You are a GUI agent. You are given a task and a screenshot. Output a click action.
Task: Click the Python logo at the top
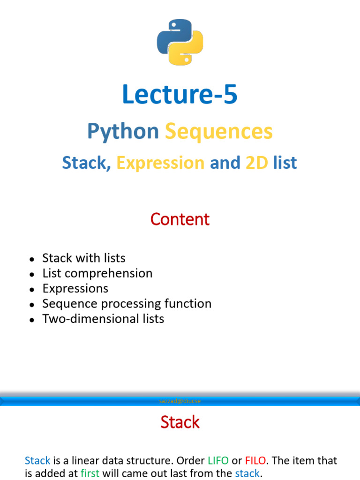coord(180,42)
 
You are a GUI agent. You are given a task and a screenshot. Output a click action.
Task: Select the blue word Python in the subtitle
coord(123,132)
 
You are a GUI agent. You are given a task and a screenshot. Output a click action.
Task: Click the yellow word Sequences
coord(219,132)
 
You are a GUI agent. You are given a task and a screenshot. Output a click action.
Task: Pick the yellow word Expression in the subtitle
coord(160,163)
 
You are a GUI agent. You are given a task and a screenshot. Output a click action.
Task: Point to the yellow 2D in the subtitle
coord(257,163)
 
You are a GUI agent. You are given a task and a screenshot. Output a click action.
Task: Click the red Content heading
coord(180,219)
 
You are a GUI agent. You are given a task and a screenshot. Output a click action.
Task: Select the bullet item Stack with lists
coord(84,258)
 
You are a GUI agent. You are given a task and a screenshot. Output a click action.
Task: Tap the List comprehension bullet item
coord(97,273)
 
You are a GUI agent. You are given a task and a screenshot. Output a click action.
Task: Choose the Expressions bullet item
coord(75,289)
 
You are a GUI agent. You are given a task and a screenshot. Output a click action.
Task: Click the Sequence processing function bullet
coord(127,304)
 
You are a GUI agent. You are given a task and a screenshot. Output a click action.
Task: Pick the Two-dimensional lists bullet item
coord(103,319)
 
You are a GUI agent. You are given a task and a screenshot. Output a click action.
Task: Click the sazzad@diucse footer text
coord(180,401)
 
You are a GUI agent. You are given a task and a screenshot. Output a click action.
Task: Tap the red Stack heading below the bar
coord(180,422)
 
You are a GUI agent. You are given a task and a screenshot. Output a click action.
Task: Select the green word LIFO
coord(218,460)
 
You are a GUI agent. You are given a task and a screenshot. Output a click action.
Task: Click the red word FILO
coord(255,460)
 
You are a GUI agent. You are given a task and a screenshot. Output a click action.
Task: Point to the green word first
coord(90,473)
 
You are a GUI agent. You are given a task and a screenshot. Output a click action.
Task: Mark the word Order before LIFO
coord(191,460)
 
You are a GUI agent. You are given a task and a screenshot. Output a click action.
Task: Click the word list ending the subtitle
coord(285,163)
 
